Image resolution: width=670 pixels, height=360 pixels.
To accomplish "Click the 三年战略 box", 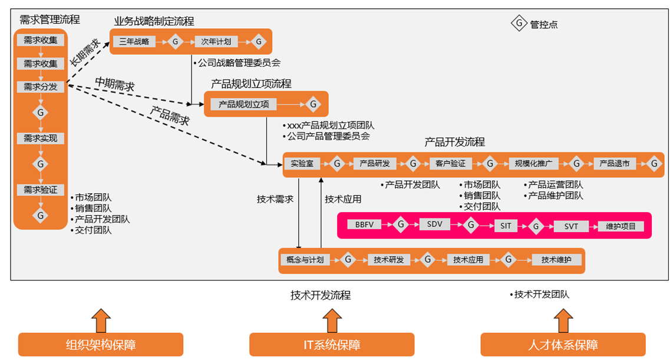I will pos(134,42).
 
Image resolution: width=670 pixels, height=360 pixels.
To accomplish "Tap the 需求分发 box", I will pos(41,87).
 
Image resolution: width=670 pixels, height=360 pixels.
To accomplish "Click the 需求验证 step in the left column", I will pos(41,190).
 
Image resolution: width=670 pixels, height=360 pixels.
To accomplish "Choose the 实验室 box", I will pos(302,163).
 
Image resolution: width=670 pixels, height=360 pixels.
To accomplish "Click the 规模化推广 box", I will pos(533,163).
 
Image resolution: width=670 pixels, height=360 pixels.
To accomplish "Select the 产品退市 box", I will pos(615,163).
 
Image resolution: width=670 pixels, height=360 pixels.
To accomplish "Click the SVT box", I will pos(571,226).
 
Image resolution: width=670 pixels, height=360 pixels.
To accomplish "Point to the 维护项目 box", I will pos(621,226).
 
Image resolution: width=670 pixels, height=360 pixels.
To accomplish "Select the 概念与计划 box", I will pos(305,260).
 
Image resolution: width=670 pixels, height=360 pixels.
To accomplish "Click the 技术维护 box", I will pos(556,260).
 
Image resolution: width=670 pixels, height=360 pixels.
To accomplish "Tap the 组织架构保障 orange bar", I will pos(100,345).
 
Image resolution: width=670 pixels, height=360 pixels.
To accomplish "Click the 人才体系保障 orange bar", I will pos(563,345).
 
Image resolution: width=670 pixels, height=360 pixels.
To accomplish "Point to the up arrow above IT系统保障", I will pos(331,319).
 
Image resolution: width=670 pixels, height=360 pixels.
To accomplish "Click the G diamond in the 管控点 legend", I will pos(519,24).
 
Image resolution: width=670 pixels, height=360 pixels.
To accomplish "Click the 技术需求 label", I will pos(275,199).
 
